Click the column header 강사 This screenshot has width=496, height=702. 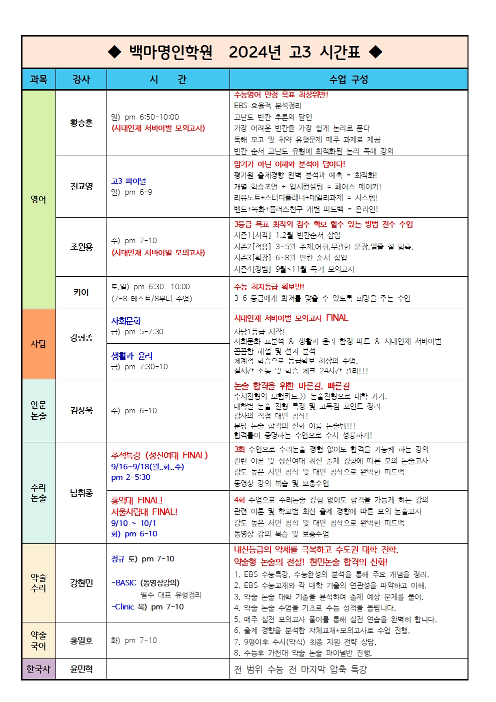pyautogui.click(x=81, y=79)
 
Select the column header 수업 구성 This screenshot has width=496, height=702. pyautogui.click(x=348, y=79)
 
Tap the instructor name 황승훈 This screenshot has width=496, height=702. pyautogui.click(x=81, y=123)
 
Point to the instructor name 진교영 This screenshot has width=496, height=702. pyautogui.click(x=81, y=186)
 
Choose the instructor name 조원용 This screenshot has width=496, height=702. pyautogui.click(x=81, y=247)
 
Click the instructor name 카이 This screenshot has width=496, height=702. pyautogui.click(x=81, y=292)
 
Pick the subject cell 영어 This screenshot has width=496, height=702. pyautogui.click(x=38, y=199)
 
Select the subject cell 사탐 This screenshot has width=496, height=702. pyautogui.click(x=38, y=344)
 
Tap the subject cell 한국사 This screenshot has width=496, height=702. pyautogui.click(x=38, y=669)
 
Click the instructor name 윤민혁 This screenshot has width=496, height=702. pyautogui.click(x=81, y=669)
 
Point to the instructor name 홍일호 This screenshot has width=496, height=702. pyautogui.click(x=81, y=640)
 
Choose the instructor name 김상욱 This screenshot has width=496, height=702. pyautogui.click(x=81, y=410)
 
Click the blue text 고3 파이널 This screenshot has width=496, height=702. pyautogui.click(x=128, y=181)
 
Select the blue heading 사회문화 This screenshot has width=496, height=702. pyautogui.click(x=126, y=321)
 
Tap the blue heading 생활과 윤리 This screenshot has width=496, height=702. pyautogui.click(x=131, y=356)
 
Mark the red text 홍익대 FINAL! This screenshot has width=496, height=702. pyautogui.click(x=136, y=500)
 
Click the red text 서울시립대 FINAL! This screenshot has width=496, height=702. pyautogui.click(x=144, y=512)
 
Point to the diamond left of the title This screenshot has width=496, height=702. pyautogui.click(x=115, y=52)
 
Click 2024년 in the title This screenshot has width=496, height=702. pyautogui.click(x=254, y=52)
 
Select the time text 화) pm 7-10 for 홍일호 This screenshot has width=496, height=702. pyautogui.click(x=133, y=640)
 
